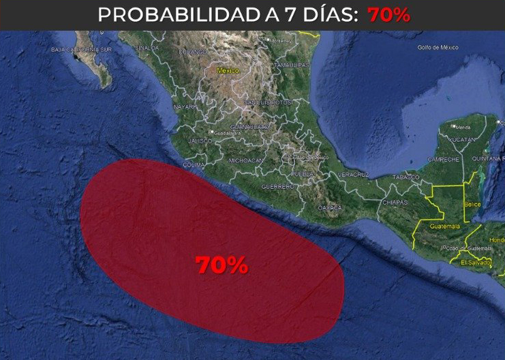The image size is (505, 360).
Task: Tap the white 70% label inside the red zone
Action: (221, 265)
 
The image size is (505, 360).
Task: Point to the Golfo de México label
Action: (437, 48)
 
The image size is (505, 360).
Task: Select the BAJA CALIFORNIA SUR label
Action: (81, 50)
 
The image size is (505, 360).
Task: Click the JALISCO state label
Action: (200, 140)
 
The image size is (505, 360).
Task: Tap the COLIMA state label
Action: (194, 164)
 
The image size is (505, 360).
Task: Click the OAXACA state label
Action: (329, 207)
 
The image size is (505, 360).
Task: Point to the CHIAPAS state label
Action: (395, 202)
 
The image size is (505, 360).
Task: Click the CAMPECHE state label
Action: (442, 160)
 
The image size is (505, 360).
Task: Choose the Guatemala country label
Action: (444, 226)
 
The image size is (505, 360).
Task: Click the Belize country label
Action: (472, 204)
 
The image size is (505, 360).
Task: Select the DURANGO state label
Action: (193, 52)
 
